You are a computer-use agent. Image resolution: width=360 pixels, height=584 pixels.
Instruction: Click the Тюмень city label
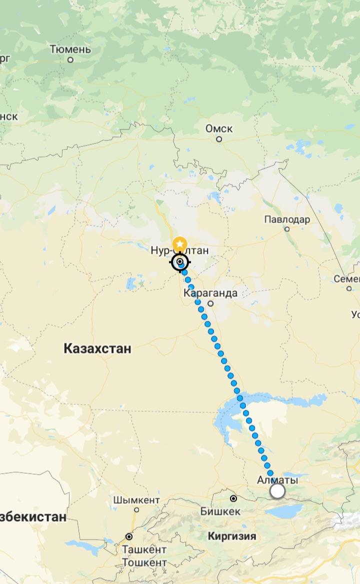click(x=70, y=49)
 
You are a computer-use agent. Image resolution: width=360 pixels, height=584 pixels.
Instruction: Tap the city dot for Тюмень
click(x=70, y=60)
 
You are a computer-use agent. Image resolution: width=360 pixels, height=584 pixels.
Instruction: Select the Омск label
click(x=219, y=129)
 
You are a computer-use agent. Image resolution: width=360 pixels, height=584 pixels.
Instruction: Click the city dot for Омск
click(x=219, y=139)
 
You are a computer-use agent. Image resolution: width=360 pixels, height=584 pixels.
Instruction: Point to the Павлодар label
click(x=287, y=219)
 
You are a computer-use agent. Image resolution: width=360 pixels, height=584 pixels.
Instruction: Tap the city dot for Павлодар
click(x=287, y=229)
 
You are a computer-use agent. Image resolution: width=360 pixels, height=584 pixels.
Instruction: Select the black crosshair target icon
click(x=180, y=262)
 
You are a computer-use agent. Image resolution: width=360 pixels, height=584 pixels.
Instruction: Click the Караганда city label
click(x=210, y=293)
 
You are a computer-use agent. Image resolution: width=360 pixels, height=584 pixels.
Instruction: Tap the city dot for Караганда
click(x=210, y=303)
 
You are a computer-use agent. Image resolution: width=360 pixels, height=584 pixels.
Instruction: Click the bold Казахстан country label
click(x=97, y=349)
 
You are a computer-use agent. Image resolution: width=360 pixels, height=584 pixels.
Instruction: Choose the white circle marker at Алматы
click(x=277, y=492)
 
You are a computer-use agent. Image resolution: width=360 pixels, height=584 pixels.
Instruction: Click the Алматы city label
click(x=277, y=480)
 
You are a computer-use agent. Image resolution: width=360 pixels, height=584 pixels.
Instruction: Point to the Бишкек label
click(x=220, y=512)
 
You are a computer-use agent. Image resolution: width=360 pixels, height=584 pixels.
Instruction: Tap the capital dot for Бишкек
click(x=233, y=499)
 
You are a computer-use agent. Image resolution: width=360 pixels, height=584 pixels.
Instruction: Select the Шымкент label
click(x=136, y=500)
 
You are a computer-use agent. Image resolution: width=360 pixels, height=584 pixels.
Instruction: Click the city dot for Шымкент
click(x=136, y=510)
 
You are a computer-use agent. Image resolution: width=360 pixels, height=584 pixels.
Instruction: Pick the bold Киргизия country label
click(x=231, y=537)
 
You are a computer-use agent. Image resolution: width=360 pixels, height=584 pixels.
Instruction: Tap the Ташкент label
click(x=144, y=550)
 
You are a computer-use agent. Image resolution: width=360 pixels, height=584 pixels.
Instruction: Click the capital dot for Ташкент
click(x=129, y=537)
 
